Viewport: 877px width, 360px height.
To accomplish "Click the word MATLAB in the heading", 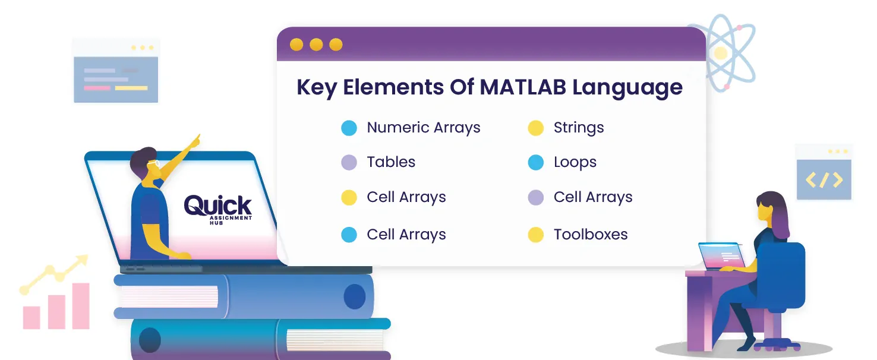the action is click(x=523, y=87).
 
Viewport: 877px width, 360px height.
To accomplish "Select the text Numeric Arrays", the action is click(x=423, y=128).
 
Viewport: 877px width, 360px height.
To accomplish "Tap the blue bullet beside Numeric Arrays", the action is click(x=349, y=128).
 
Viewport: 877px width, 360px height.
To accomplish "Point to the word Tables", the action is click(x=391, y=162).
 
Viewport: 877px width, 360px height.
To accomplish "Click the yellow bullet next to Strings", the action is click(x=535, y=128).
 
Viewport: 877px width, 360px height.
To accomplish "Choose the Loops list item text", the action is click(x=575, y=162).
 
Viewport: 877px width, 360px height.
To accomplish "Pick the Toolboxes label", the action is click(x=591, y=235).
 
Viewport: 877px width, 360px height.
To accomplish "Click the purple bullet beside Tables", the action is click(x=349, y=162).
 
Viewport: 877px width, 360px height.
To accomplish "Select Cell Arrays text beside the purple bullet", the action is click(x=593, y=197).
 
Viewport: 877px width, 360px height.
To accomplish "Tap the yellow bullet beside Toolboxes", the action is click(x=535, y=235).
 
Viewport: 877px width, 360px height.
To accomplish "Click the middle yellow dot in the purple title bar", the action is click(x=316, y=45).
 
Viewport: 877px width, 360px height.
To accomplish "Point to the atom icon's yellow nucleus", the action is click(x=721, y=53).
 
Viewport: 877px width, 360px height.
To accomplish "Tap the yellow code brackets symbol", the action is click(x=824, y=180).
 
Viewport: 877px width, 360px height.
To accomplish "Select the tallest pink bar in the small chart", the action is click(x=81, y=306).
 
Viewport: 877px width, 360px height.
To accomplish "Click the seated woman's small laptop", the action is click(x=721, y=256).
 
